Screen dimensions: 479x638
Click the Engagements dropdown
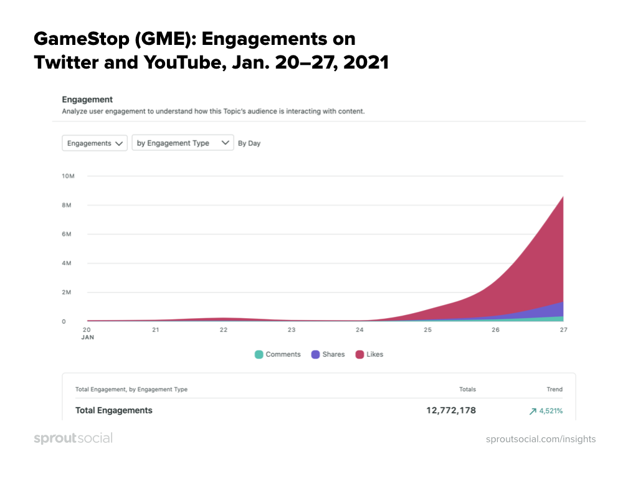pyautogui.click(x=95, y=143)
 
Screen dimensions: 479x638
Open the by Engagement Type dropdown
pyautogui.click(x=183, y=143)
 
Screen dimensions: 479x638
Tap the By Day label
pyautogui.click(x=249, y=143)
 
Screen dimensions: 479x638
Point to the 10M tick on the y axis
pyautogui.click(x=69, y=176)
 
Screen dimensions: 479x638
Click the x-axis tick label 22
pyautogui.click(x=223, y=329)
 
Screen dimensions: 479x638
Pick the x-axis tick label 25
pyautogui.click(x=427, y=329)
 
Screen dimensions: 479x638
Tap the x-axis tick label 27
pyautogui.click(x=563, y=329)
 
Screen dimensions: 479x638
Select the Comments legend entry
pyautogui.click(x=278, y=354)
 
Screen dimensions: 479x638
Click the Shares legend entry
pyautogui.click(x=328, y=354)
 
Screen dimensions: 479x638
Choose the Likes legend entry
pyautogui.click(x=369, y=354)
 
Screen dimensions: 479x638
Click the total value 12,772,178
pyautogui.click(x=447, y=410)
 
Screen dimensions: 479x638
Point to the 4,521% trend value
pyautogui.click(x=546, y=411)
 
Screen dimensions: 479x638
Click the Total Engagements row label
pyautogui.click(x=114, y=410)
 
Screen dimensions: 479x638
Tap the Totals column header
pyautogui.click(x=467, y=389)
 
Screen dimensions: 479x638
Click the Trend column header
pyautogui.click(x=555, y=389)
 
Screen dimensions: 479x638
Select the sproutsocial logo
pyautogui.click(x=73, y=438)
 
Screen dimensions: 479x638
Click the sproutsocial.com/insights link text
pyautogui.click(x=541, y=439)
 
